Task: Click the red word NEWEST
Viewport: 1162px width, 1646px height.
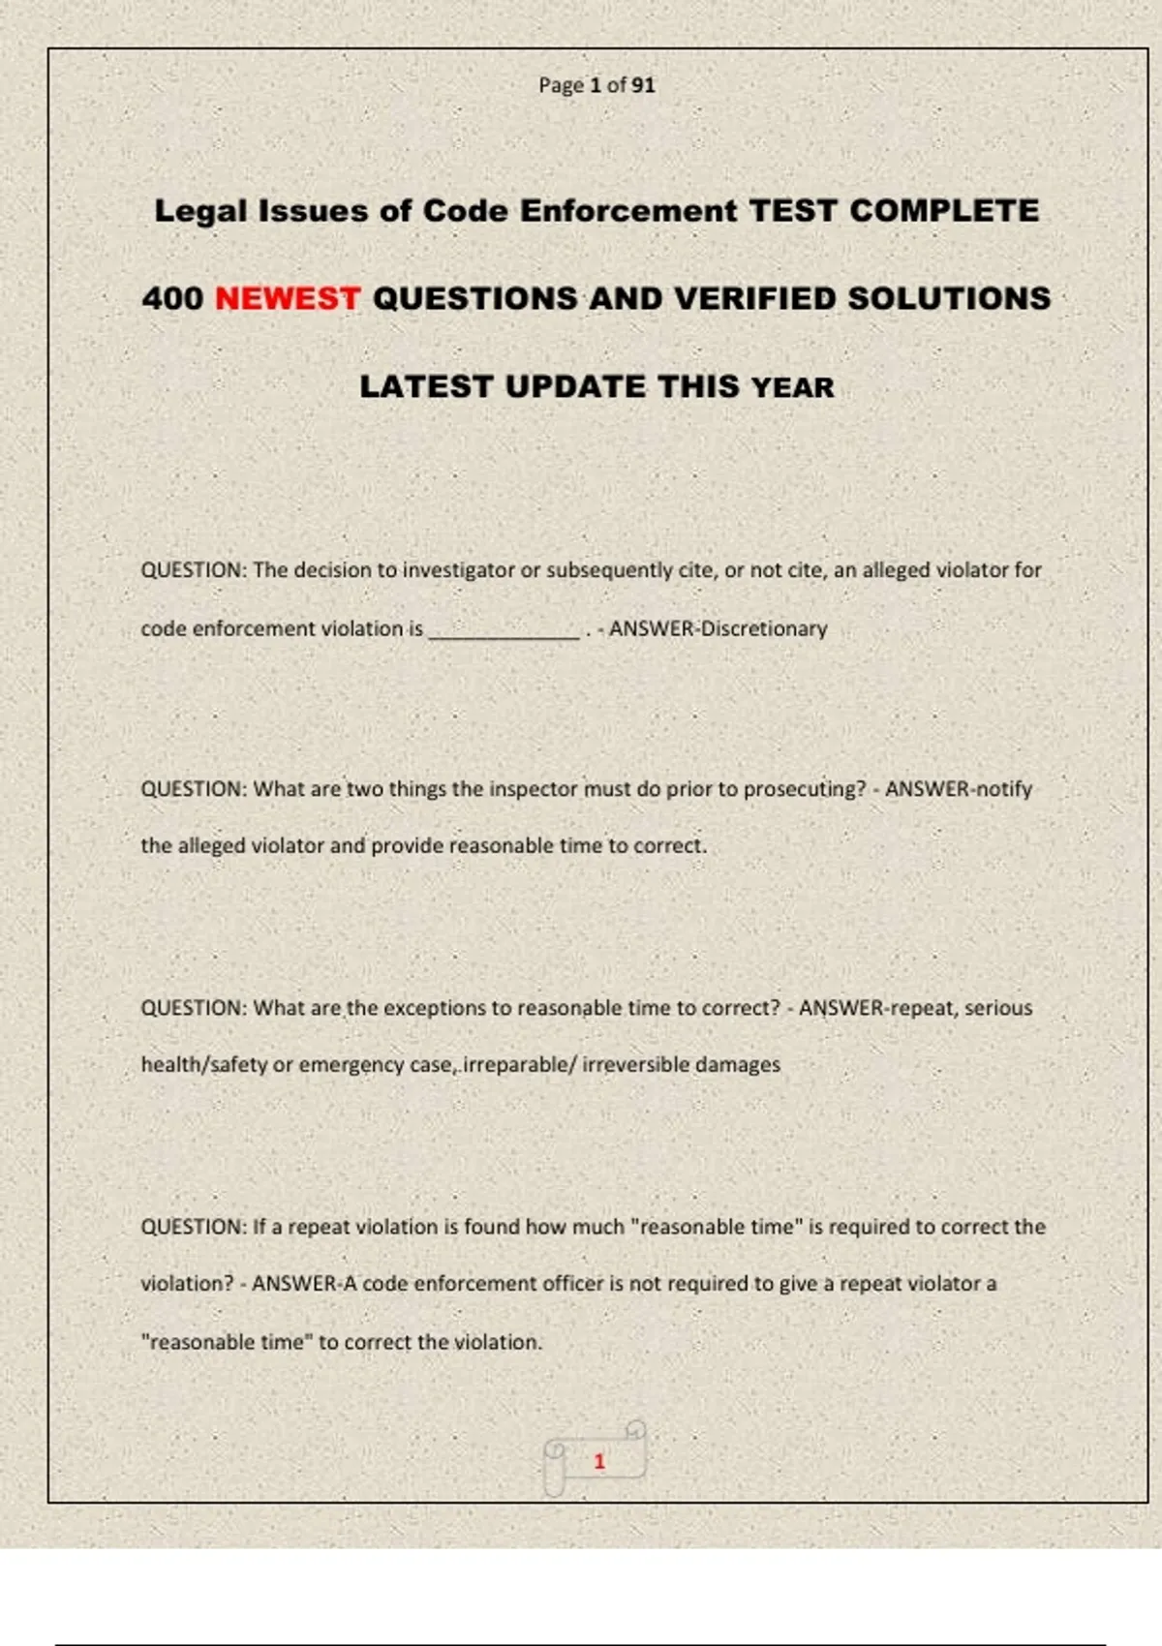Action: click(288, 298)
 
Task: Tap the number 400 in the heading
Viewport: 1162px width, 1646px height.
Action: click(172, 298)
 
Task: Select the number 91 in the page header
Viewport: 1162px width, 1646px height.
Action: click(644, 85)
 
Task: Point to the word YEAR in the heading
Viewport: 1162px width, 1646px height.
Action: click(793, 387)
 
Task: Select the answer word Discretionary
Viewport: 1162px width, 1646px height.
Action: click(764, 628)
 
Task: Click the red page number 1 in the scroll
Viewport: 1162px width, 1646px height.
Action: click(599, 1461)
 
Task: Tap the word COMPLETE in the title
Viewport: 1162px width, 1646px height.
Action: click(944, 211)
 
